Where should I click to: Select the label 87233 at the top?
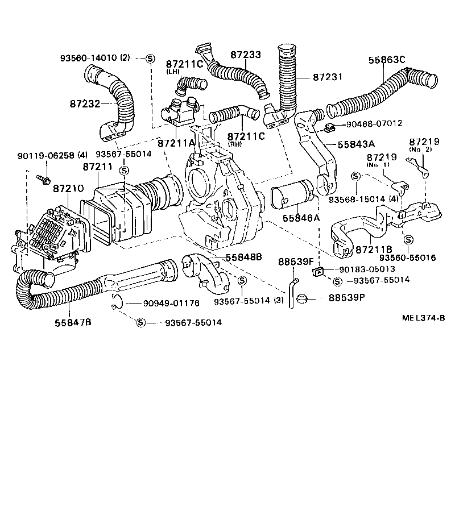(x=246, y=55)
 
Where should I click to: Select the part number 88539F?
(x=296, y=261)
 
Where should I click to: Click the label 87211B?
(x=374, y=250)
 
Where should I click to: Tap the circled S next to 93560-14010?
(x=150, y=58)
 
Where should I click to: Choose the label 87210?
(x=68, y=188)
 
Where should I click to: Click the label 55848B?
(x=243, y=257)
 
